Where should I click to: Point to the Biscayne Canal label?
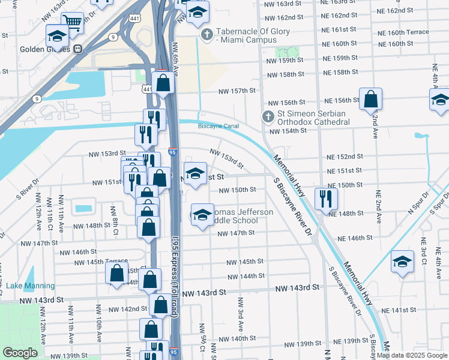(x=218, y=126)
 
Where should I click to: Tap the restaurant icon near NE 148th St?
(x=325, y=199)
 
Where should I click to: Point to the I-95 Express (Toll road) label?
(x=178, y=287)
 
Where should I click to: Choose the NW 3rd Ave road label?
(x=240, y=314)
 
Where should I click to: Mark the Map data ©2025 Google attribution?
(x=412, y=355)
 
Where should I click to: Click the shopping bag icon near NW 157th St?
(x=163, y=83)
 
